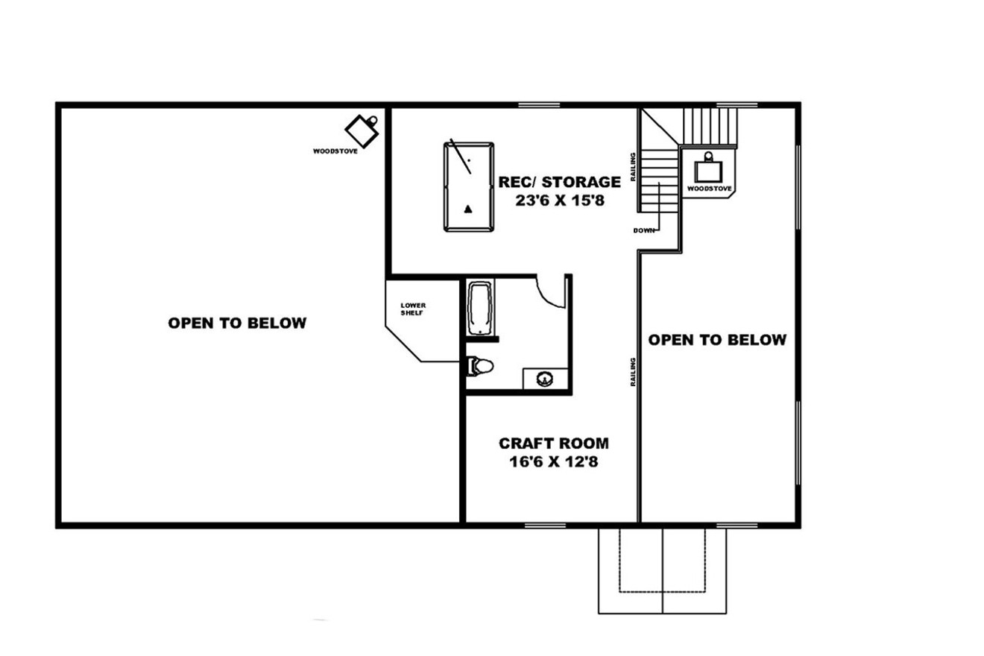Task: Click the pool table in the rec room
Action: [468, 186]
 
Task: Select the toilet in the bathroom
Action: [480, 366]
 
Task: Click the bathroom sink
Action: [546, 379]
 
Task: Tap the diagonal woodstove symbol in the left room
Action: [364, 132]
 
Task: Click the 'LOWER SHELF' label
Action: [412, 309]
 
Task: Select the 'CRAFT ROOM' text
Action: [553, 444]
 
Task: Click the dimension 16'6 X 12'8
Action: [553, 462]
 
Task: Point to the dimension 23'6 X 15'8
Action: [559, 201]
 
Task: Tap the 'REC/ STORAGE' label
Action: [559, 181]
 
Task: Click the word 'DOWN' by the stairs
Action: [643, 230]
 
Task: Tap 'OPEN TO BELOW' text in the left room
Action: [237, 323]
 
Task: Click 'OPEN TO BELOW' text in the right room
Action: [717, 340]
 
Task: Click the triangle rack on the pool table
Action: [468, 209]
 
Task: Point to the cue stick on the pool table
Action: [460, 157]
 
